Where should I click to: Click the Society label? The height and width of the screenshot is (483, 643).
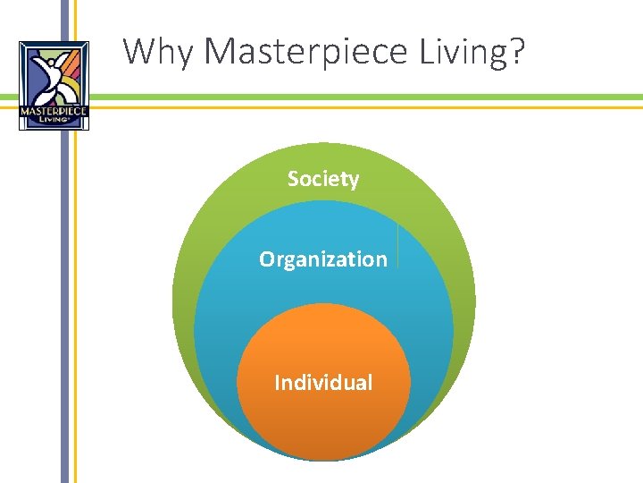(x=323, y=179)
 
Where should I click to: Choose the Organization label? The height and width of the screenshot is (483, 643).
(x=323, y=259)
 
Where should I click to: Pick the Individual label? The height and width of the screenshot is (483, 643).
(x=323, y=383)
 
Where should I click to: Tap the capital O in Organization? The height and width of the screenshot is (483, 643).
(x=267, y=259)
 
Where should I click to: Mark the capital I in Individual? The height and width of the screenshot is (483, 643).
(x=278, y=383)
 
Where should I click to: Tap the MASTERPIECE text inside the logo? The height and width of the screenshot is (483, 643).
(x=54, y=112)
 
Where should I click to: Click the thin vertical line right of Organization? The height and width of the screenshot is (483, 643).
(x=397, y=246)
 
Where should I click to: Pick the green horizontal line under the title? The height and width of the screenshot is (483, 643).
(x=357, y=97)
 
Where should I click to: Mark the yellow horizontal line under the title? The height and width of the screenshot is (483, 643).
(x=357, y=107)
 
